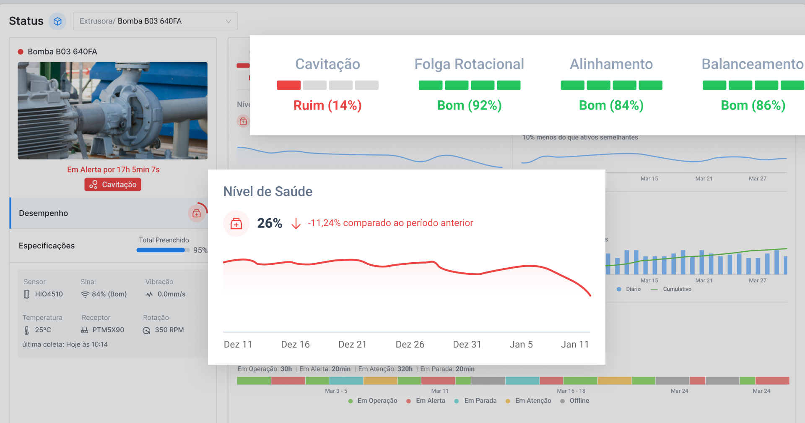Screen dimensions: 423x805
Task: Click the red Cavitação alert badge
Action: tap(113, 185)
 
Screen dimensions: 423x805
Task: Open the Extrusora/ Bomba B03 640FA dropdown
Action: tap(155, 21)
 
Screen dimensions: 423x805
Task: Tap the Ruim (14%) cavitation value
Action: tap(327, 105)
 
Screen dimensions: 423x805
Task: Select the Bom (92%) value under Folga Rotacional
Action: tap(469, 105)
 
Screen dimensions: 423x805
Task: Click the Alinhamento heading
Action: tap(611, 64)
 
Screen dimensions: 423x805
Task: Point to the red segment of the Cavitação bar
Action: tap(288, 85)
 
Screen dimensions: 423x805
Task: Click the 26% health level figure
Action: tap(270, 223)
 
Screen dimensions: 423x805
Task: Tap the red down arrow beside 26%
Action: tap(296, 224)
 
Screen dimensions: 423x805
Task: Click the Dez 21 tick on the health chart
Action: tap(352, 345)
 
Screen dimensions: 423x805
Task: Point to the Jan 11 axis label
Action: tap(575, 345)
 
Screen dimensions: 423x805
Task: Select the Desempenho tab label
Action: tap(44, 213)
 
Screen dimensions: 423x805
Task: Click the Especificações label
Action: tap(47, 246)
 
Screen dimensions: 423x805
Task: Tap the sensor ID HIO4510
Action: tap(49, 294)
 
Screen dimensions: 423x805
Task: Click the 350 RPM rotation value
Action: tap(169, 330)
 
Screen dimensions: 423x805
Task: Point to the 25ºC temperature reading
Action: tap(43, 330)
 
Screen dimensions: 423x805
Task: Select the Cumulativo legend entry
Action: tap(677, 289)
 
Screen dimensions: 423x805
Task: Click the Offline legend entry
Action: tap(579, 401)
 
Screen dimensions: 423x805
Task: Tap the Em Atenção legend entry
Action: tap(533, 401)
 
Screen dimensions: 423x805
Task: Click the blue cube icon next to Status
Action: tap(58, 21)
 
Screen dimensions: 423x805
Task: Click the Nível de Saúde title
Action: tap(267, 192)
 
